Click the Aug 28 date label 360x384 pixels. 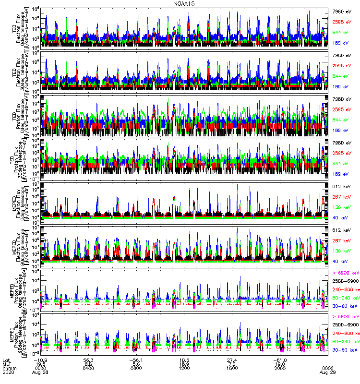[x=41, y=372]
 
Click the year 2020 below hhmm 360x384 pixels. [x=8, y=372]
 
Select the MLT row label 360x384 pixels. [x=7, y=363]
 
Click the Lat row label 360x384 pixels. [x=6, y=358]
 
